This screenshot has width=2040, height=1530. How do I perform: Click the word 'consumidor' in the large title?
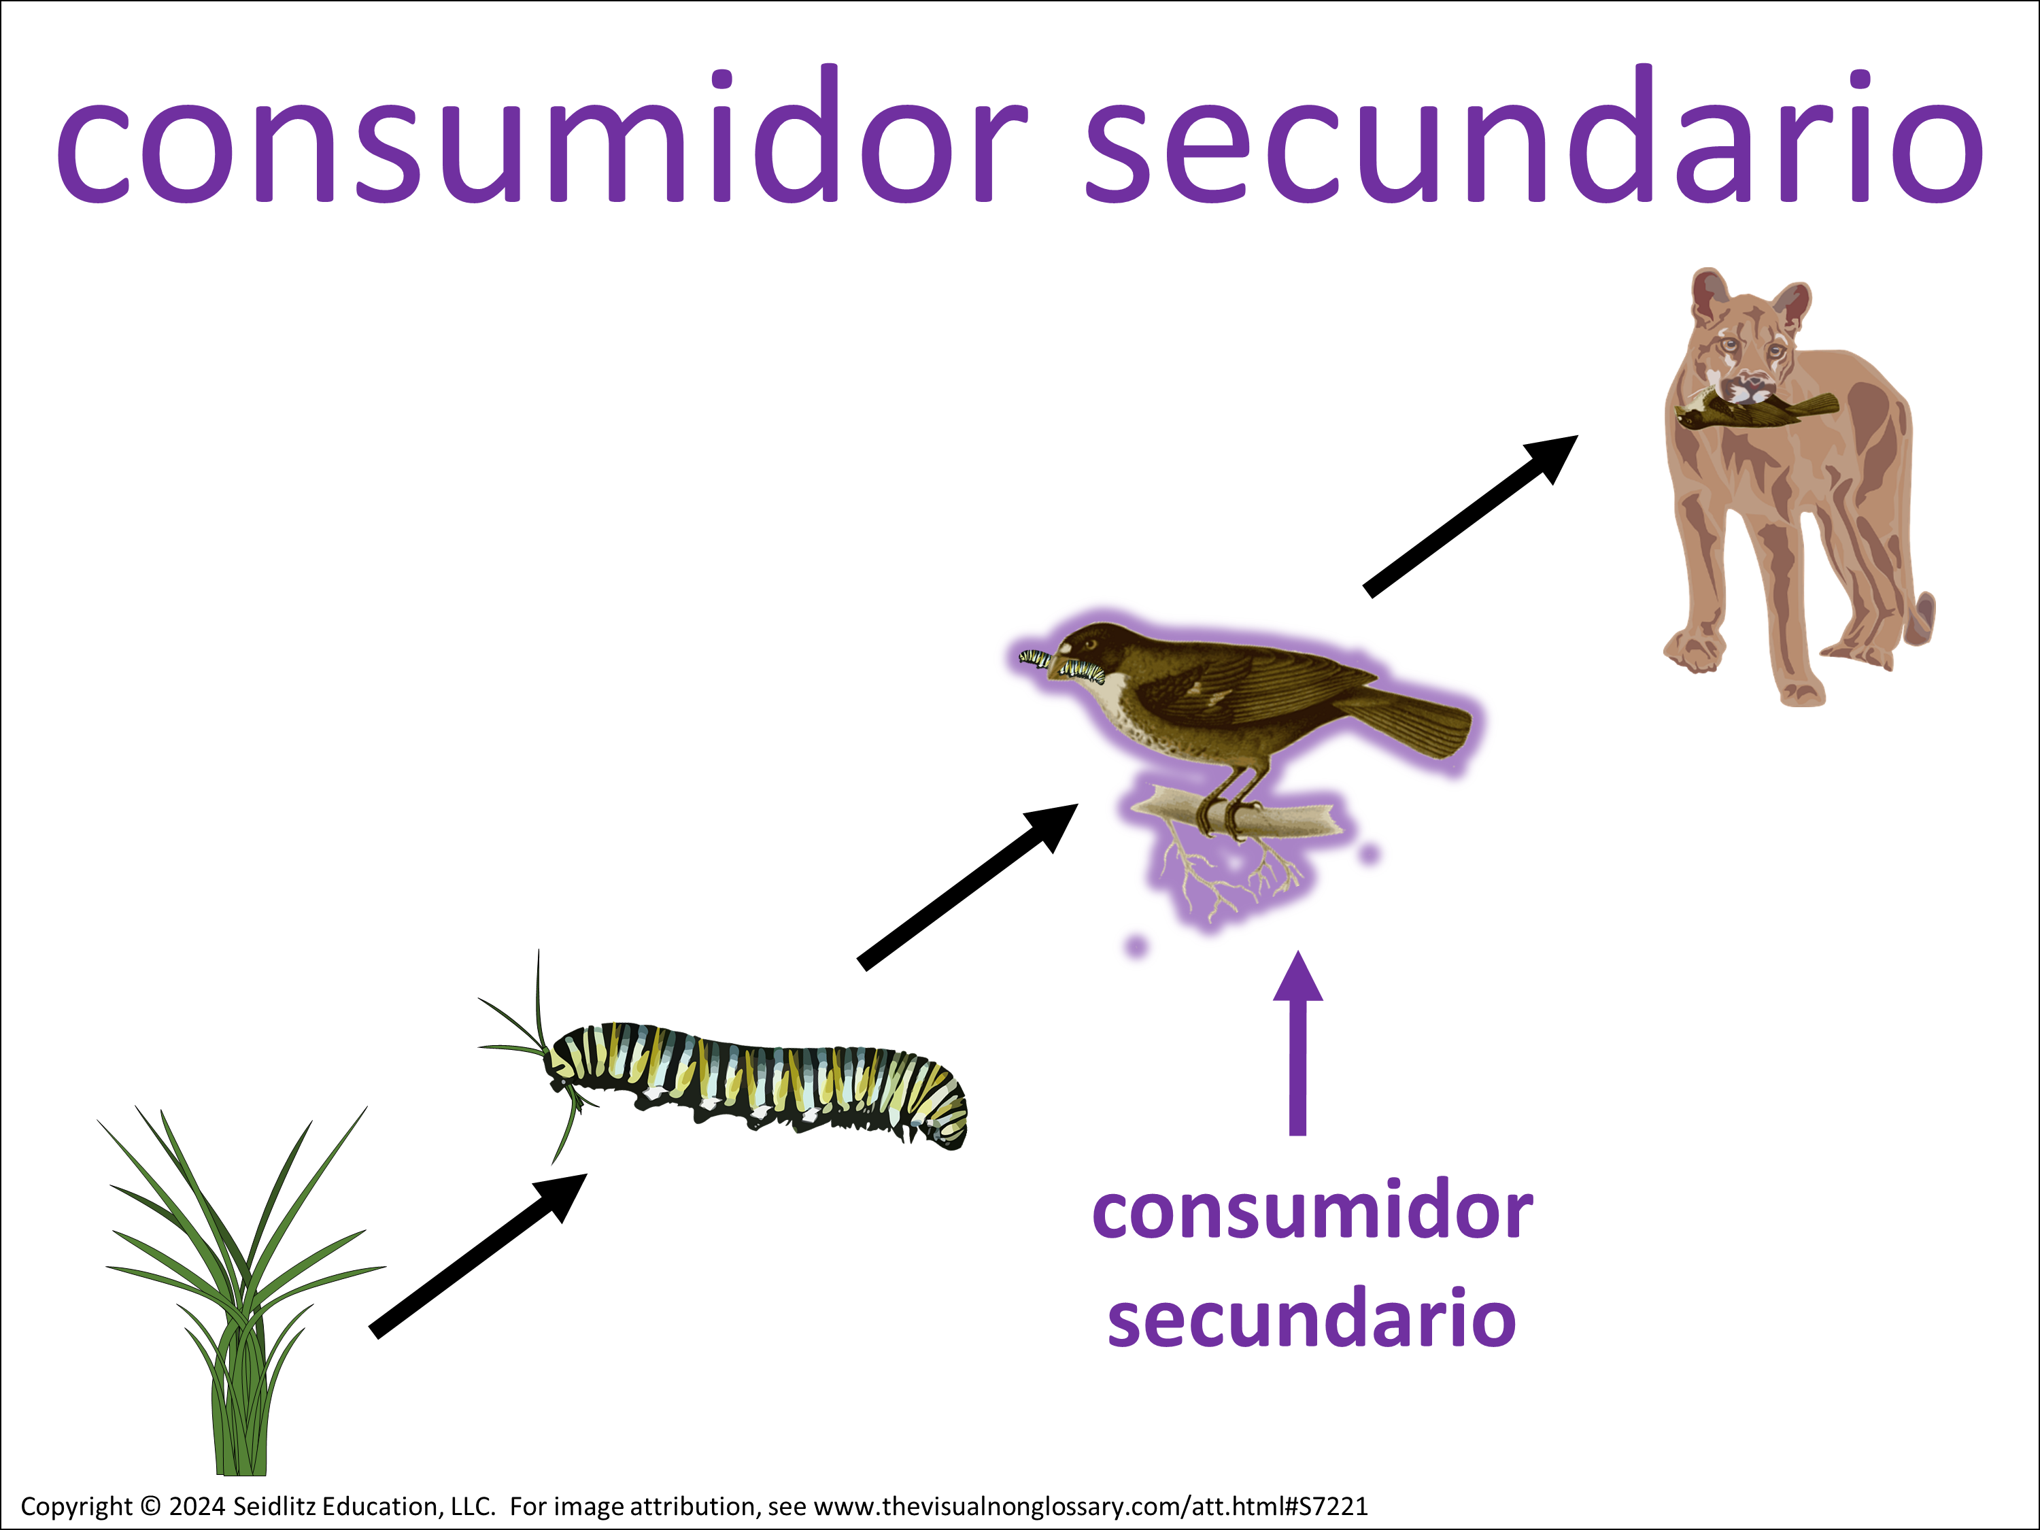(541, 135)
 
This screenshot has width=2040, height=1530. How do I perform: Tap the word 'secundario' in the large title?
(1535, 135)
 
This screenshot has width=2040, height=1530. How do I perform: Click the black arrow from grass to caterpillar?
(478, 1255)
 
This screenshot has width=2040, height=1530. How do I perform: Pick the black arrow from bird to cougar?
(1471, 516)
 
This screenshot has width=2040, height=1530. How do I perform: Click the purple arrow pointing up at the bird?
(1297, 1043)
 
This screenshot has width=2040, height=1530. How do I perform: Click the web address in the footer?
(1091, 1507)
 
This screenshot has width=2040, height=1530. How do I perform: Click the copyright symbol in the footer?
(150, 1507)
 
